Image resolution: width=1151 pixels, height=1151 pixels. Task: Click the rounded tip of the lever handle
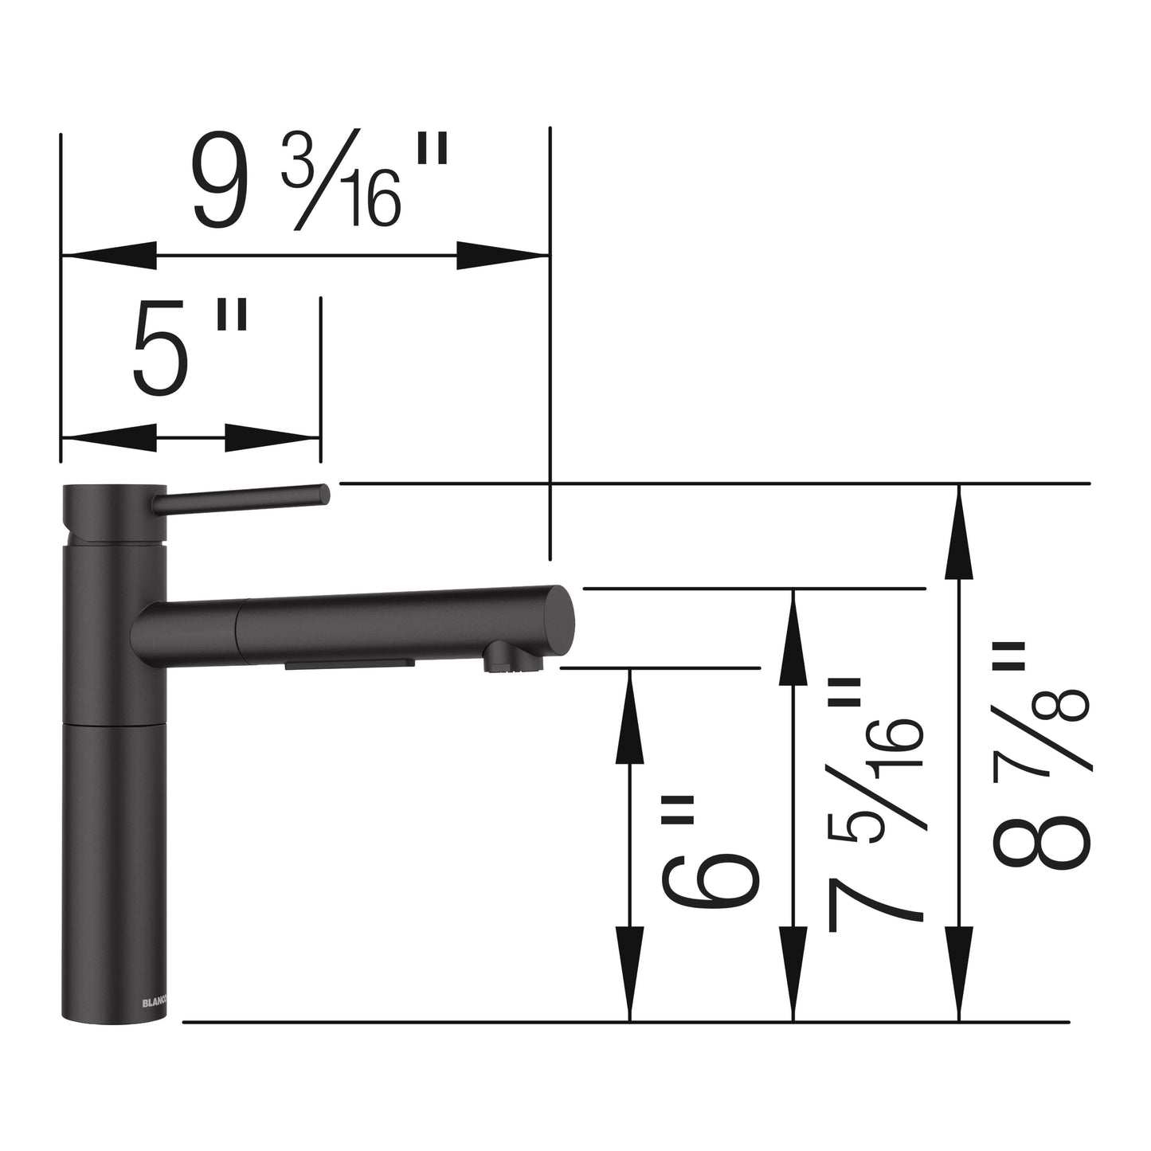click(323, 494)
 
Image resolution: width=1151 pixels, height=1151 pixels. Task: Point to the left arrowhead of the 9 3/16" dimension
click(108, 256)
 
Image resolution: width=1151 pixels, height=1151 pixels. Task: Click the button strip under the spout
click(350, 664)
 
